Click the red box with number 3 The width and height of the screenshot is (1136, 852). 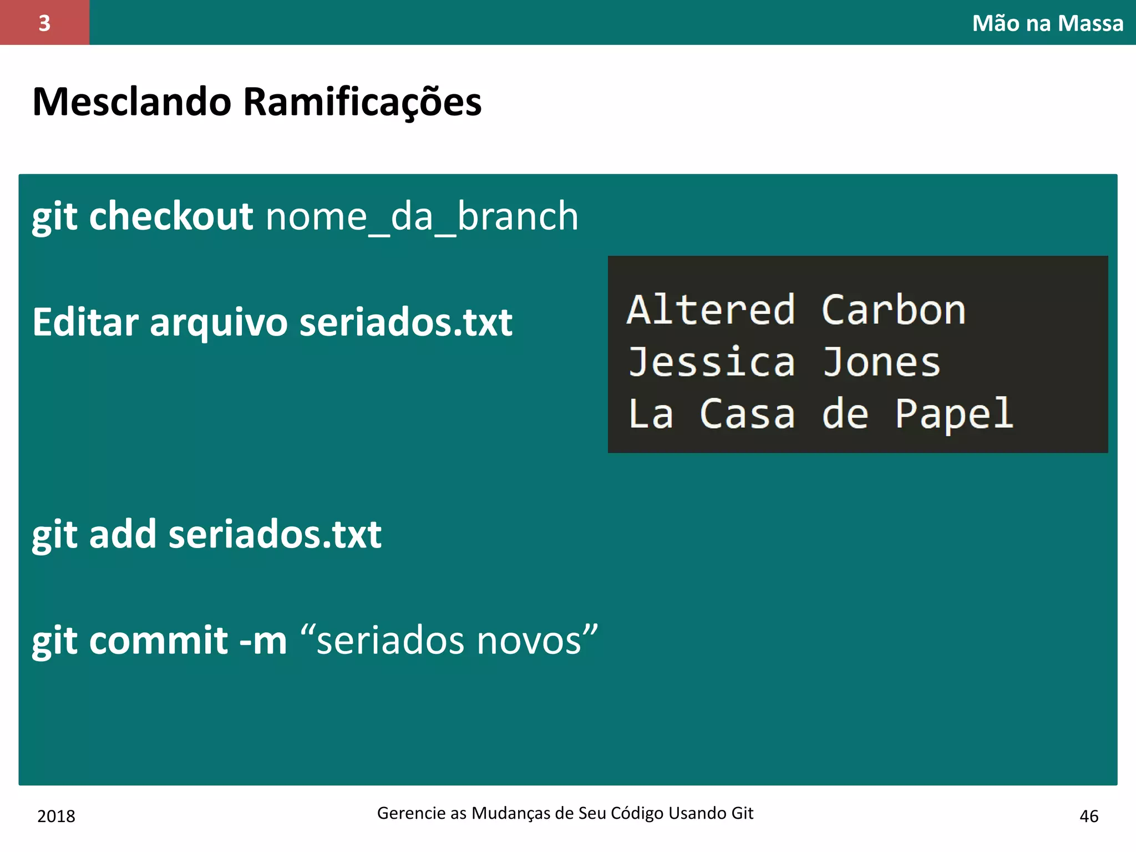44,23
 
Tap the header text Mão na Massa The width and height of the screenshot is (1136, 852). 1047,23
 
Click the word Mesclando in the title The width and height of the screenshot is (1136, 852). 132,102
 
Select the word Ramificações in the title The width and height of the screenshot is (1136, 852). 362,103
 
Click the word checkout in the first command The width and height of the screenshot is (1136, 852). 171,216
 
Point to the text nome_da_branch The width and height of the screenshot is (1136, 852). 422,216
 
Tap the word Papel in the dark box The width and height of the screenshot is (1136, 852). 954,414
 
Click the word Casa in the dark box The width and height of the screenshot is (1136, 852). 747,414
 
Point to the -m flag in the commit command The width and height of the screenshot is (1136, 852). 262,641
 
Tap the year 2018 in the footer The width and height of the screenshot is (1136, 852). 56,816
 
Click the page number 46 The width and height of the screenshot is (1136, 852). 1089,816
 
